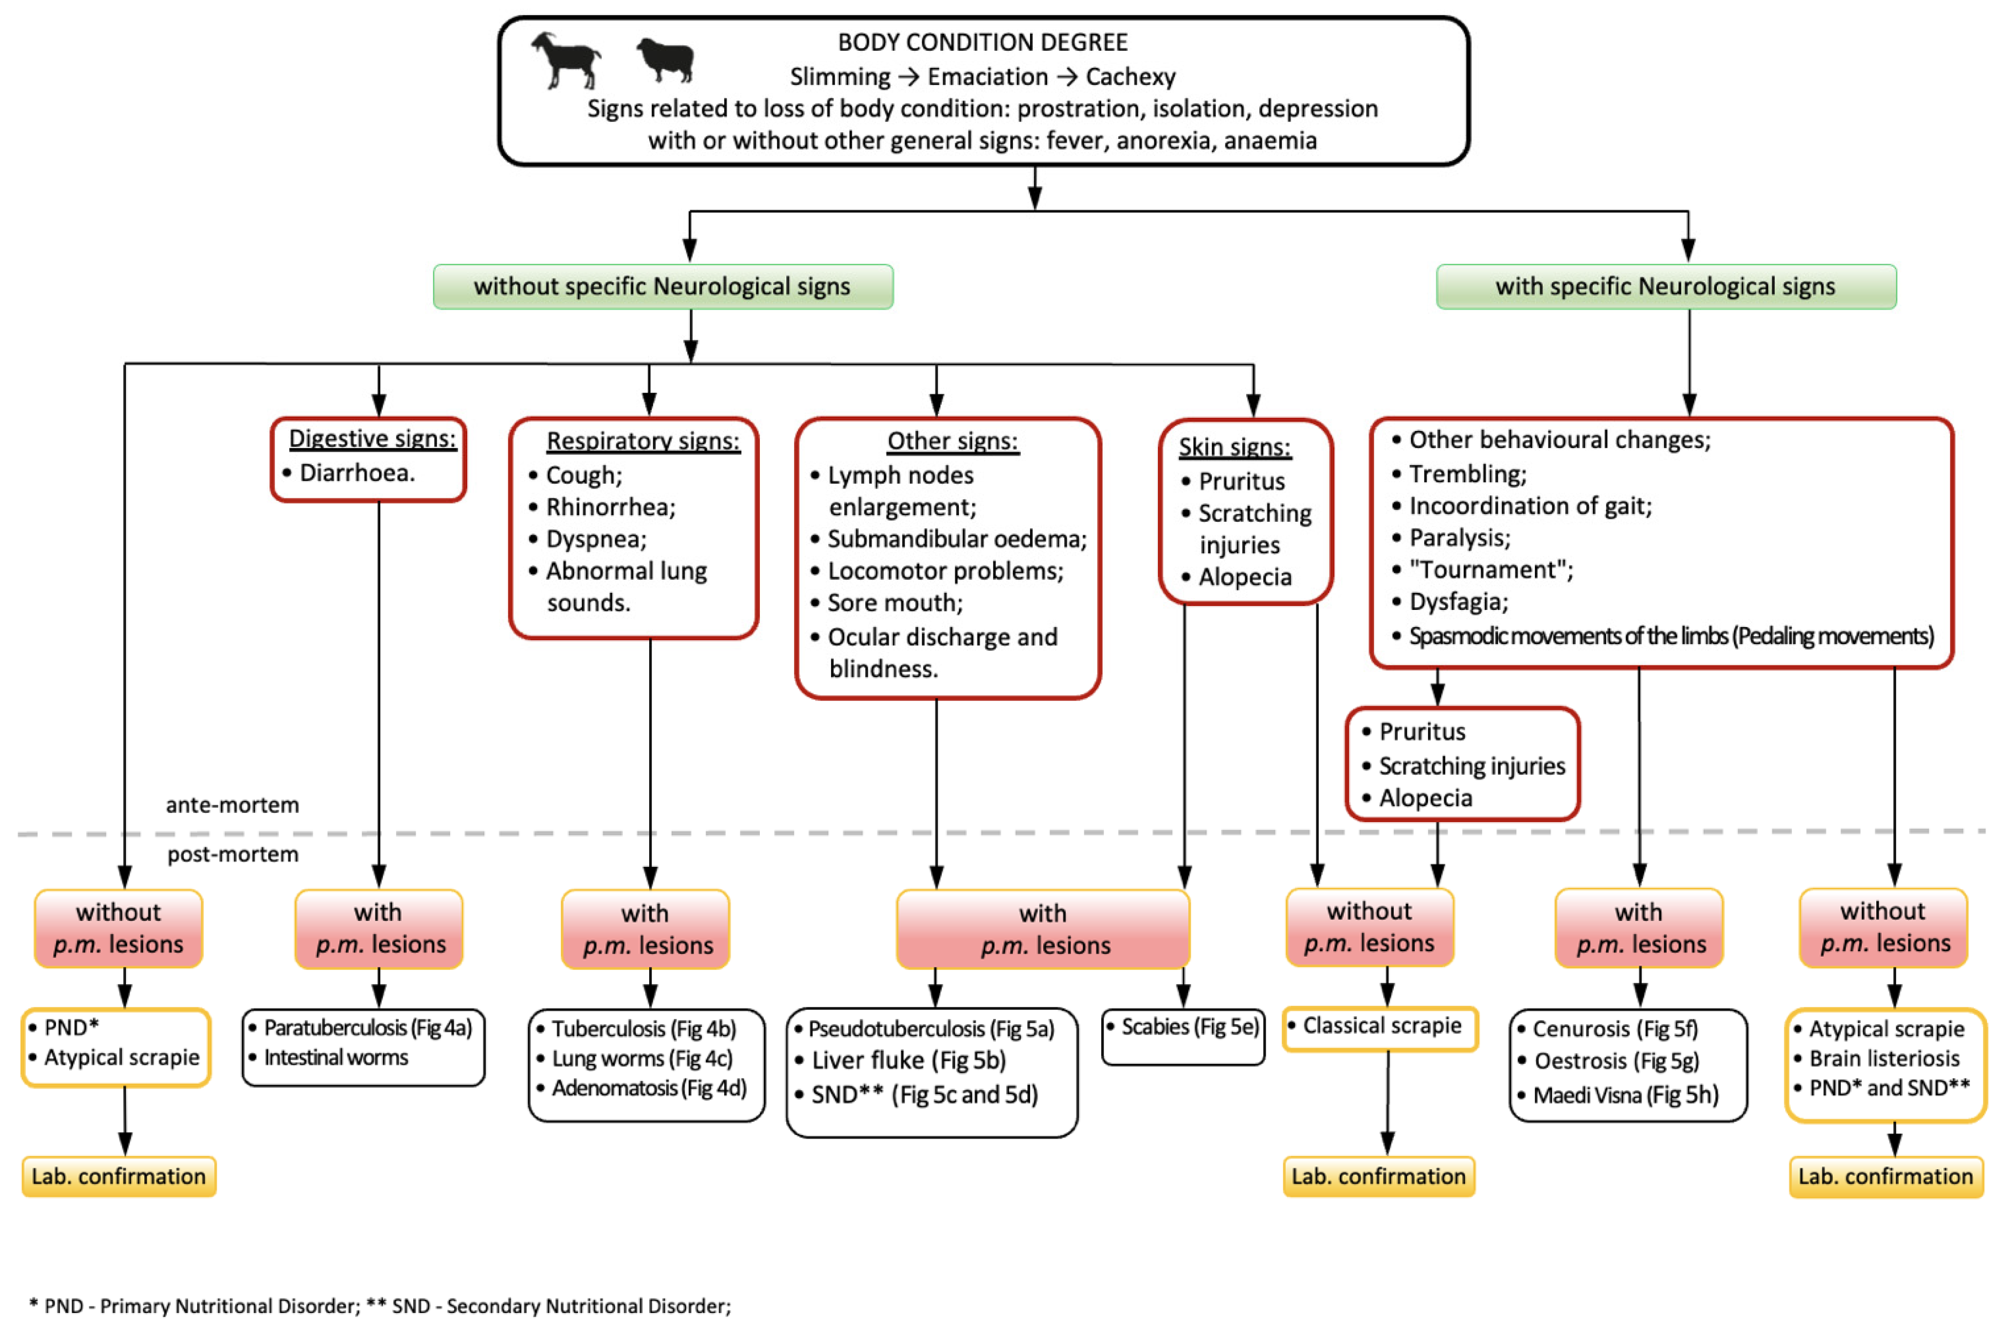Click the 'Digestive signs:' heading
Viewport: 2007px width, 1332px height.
(x=372, y=438)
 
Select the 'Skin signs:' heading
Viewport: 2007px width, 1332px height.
(x=1234, y=447)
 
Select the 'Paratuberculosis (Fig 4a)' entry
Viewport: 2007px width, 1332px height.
(x=367, y=1028)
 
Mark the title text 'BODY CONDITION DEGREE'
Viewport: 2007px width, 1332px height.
(x=982, y=42)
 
